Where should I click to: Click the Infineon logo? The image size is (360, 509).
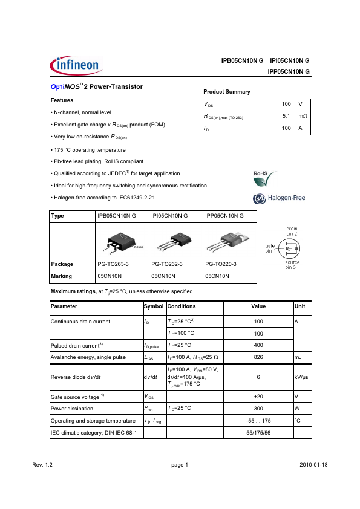pyautogui.click(x=71, y=63)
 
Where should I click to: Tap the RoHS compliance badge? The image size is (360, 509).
pyautogui.click(x=265, y=178)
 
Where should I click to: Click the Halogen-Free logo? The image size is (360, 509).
pyautogui.click(x=278, y=198)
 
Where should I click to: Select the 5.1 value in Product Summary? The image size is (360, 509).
pyautogui.click(x=286, y=116)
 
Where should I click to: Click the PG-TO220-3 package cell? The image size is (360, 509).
pyautogui.click(x=221, y=264)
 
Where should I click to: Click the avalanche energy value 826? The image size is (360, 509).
pyautogui.click(x=258, y=357)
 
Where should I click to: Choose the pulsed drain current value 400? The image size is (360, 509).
pyautogui.click(x=258, y=345)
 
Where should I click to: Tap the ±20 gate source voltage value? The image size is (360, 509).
pyautogui.click(x=258, y=397)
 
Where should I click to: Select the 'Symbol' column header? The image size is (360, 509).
pyautogui.click(x=154, y=307)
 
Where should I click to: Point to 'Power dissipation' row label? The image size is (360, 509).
pyautogui.click(x=73, y=409)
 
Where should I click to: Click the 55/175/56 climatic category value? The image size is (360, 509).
pyautogui.click(x=258, y=433)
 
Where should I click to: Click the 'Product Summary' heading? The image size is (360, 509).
pyautogui.click(x=227, y=92)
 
